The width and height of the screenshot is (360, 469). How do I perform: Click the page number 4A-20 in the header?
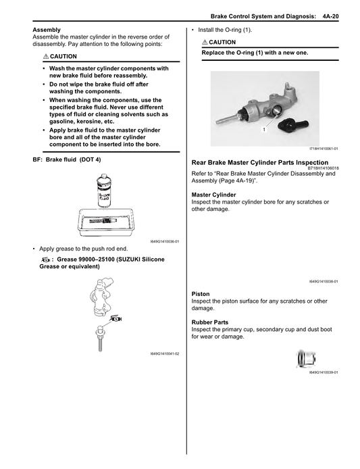(330, 16)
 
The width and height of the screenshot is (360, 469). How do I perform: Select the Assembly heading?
(47, 30)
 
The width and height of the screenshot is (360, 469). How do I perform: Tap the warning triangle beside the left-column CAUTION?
(46, 56)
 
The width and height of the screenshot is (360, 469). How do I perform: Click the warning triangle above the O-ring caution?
(205, 42)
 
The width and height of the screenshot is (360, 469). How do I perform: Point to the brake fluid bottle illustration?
(104, 190)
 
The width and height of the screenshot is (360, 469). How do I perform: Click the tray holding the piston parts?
(105, 223)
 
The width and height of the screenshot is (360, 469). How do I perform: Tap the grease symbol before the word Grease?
(45, 260)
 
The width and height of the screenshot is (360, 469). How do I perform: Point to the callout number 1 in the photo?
(264, 130)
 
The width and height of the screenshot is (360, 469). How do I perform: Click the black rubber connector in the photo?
(293, 124)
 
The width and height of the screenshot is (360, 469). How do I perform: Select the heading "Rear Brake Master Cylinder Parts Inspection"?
(260, 162)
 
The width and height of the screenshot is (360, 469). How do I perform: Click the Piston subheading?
(201, 294)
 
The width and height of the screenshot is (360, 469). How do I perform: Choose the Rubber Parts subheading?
(209, 322)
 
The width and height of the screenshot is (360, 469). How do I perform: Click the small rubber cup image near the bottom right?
(306, 359)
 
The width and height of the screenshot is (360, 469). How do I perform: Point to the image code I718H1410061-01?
(324, 149)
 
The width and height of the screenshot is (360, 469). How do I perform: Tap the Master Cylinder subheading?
(213, 195)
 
